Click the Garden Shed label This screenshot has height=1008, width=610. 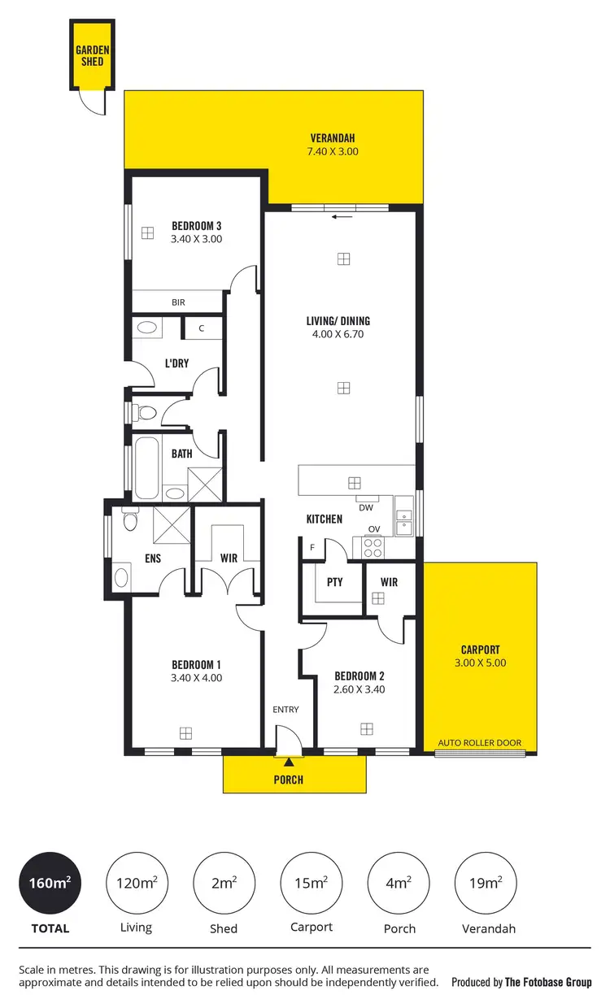click(93, 55)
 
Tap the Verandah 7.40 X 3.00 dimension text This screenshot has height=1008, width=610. click(333, 151)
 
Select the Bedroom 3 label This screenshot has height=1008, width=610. click(196, 226)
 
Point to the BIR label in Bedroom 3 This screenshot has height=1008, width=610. click(178, 302)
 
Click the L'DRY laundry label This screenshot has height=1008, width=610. click(176, 363)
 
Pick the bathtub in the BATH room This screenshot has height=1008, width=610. click(146, 468)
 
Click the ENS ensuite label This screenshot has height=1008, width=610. click(153, 558)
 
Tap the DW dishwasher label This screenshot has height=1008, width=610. click(365, 507)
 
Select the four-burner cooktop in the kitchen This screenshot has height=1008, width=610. click(373, 548)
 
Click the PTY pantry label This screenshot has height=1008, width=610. click(334, 582)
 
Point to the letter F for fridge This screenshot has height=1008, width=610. click(312, 548)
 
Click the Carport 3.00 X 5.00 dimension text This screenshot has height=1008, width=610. click(480, 663)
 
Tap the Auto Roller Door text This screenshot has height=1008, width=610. click(480, 743)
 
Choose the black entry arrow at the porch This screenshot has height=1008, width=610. click(288, 762)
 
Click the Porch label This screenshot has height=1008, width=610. click(288, 780)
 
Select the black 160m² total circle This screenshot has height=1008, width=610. click(50, 883)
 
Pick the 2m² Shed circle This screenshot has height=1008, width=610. click(224, 883)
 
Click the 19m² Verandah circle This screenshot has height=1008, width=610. click(486, 883)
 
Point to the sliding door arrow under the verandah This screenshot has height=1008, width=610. click(342, 217)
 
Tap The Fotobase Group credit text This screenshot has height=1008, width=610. click(548, 982)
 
